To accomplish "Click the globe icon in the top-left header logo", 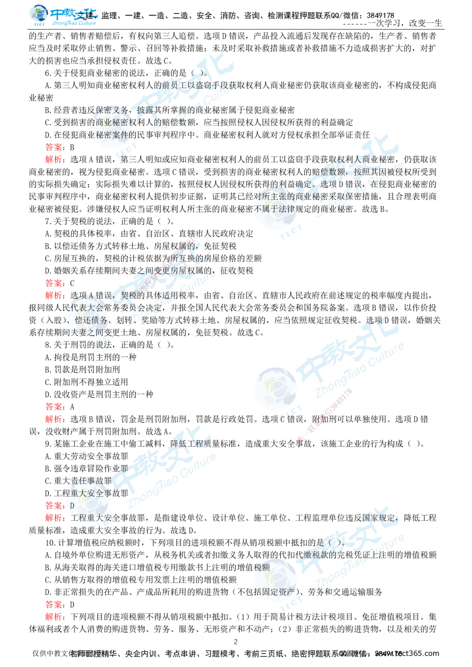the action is (37, 15).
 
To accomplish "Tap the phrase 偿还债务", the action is (92, 320).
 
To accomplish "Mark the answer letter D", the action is (72, 506).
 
